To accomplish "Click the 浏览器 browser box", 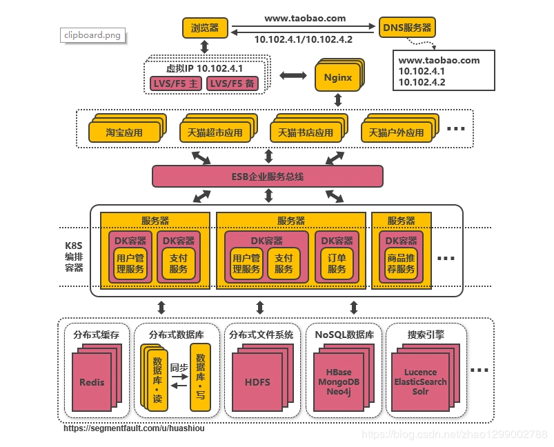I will tap(205, 28).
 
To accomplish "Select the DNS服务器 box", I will tap(407, 28).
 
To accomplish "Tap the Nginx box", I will tap(338, 77).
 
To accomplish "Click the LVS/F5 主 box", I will tap(176, 83).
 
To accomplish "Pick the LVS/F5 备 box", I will tap(232, 83).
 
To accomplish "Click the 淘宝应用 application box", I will tap(124, 132).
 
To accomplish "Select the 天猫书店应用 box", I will tap(305, 132).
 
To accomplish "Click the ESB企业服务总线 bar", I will tap(267, 177).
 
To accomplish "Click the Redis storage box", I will tap(92, 381).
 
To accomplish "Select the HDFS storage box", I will tap(257, 381).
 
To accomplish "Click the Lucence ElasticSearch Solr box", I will tap(420, 381).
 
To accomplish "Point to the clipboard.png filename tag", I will tap(92, 35).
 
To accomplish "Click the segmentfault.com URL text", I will tap(134, 428).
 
